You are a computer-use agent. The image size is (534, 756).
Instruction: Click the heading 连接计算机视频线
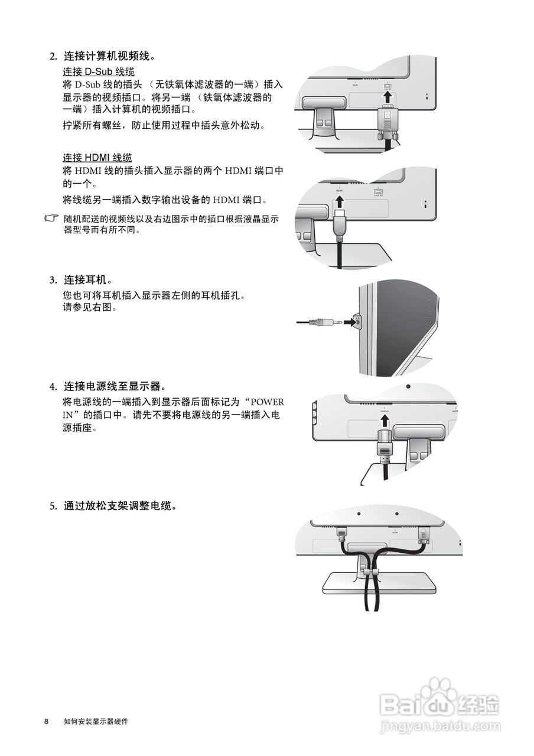point(109,57)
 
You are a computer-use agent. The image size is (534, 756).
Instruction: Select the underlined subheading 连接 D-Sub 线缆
point(99,71)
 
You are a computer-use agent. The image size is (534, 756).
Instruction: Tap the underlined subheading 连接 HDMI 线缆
point(97,158)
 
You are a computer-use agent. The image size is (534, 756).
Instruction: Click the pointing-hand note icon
point(53,219)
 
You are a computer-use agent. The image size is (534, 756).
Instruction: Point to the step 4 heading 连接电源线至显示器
point(112,386)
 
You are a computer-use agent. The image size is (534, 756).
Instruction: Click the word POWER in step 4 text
point(268,402)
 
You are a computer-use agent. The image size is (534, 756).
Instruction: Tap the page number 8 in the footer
point(46,722)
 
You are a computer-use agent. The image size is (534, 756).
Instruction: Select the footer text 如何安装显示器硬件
point(96,722)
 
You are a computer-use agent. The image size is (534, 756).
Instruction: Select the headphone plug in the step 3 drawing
point(325,322)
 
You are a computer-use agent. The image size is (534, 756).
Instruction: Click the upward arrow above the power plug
point(385,421)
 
